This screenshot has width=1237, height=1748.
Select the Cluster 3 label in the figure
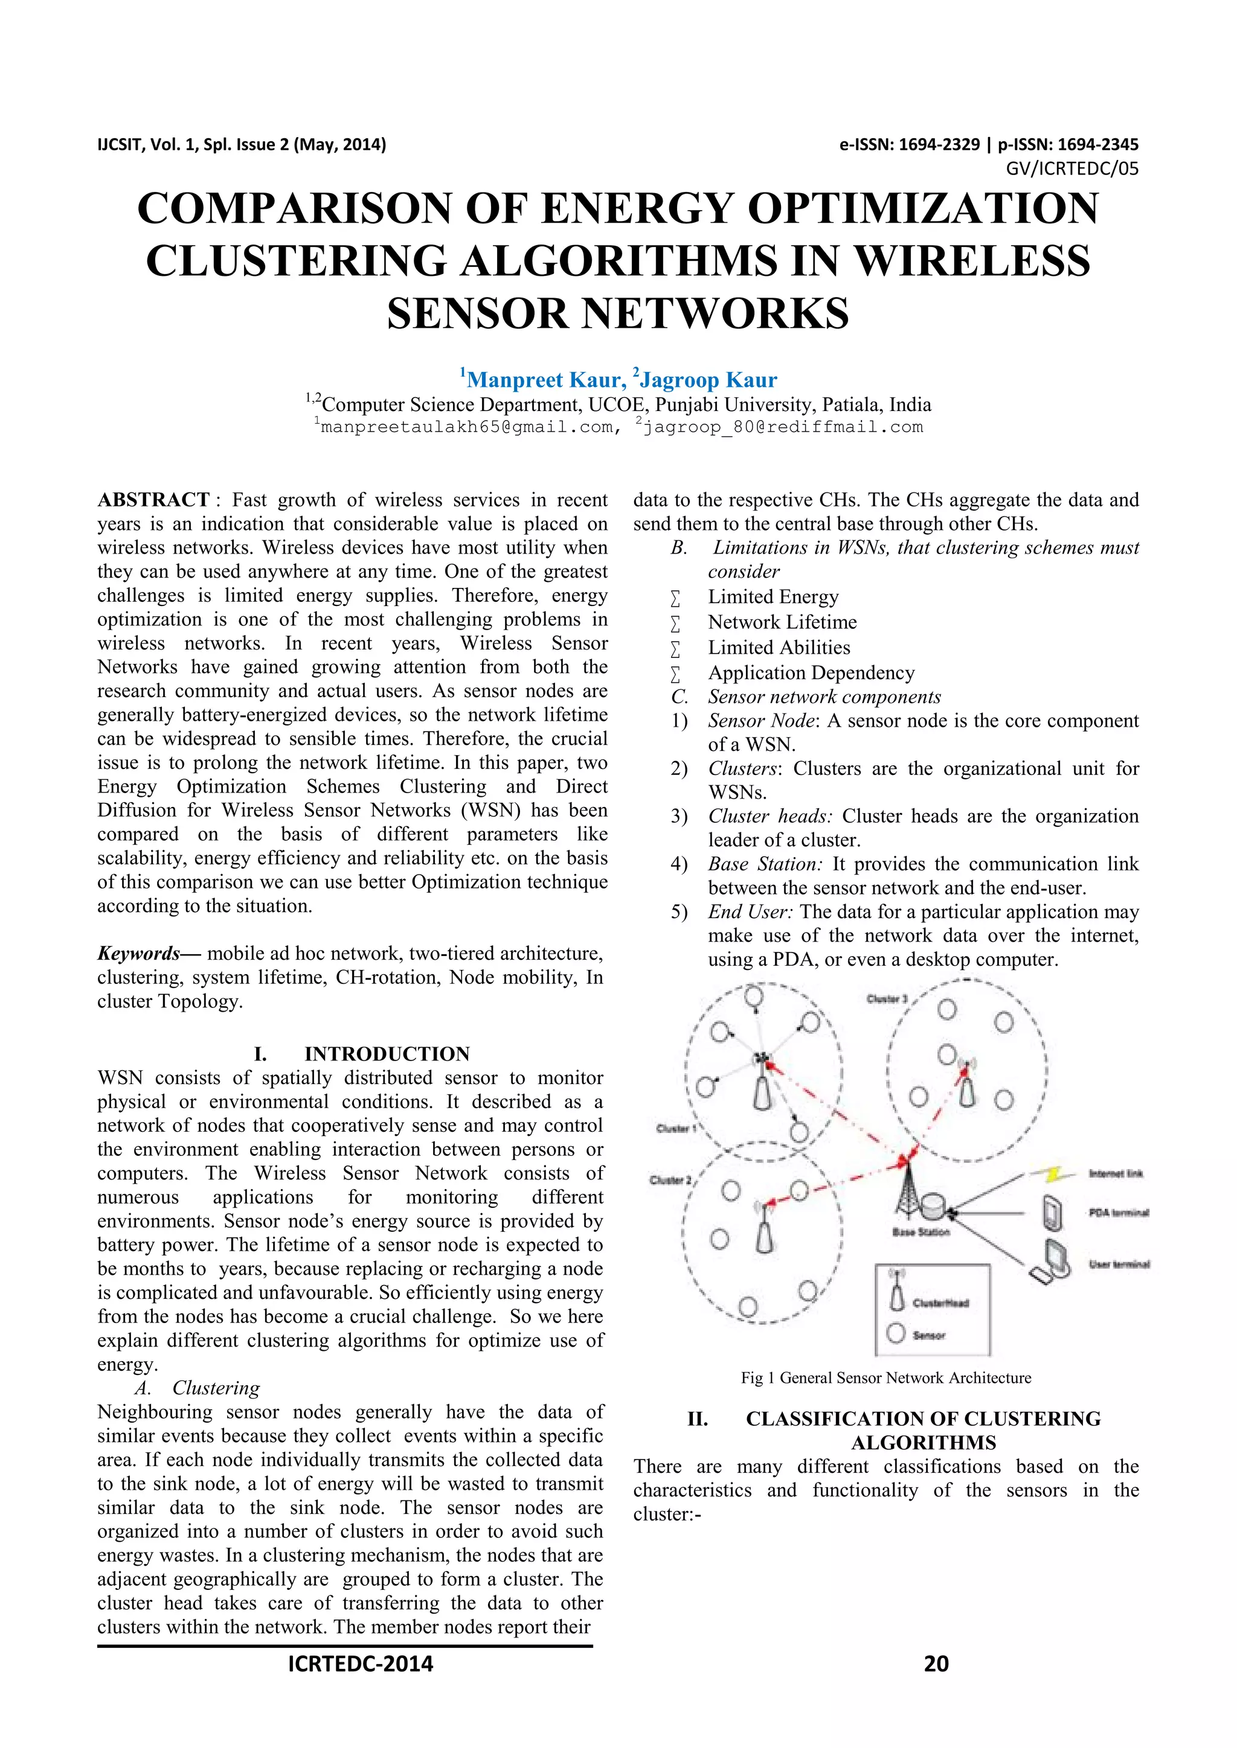(887, 998)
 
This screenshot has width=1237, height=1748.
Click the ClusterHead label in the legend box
(940, 1303)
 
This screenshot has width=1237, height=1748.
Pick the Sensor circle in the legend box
(896, 1333)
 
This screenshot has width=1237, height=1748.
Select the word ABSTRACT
(153, 500)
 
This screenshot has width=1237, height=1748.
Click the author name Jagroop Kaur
(708, 380)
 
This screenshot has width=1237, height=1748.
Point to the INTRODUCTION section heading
(387, 1054)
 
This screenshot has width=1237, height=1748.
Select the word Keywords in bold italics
(138, 953)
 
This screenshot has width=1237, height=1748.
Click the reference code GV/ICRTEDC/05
(1072, 169)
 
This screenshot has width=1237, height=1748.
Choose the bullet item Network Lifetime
(782, 622)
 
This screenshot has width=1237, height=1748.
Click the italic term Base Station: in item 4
(765, 864)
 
